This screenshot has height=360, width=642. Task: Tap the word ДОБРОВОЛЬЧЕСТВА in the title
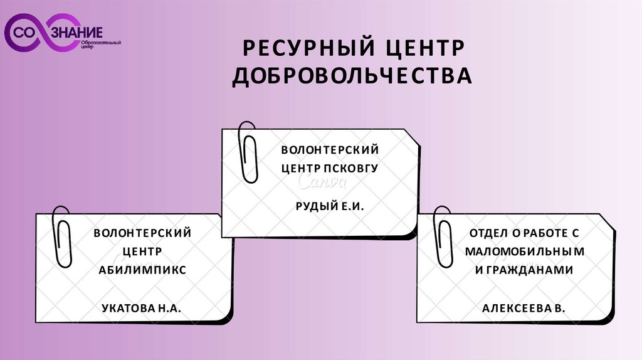351,76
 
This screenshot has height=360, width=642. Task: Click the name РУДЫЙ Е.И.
329,206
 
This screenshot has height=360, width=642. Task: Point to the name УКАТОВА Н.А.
140,307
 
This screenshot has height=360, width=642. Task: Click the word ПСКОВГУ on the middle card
351,168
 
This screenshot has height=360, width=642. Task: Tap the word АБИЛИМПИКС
142,270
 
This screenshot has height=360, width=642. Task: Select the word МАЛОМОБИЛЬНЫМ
525,251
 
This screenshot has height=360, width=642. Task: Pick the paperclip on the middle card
249,152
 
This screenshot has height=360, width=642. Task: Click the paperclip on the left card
62,236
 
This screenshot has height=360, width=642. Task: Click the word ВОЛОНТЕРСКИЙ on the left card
142,233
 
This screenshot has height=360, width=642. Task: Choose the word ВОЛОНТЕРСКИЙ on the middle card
330,150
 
